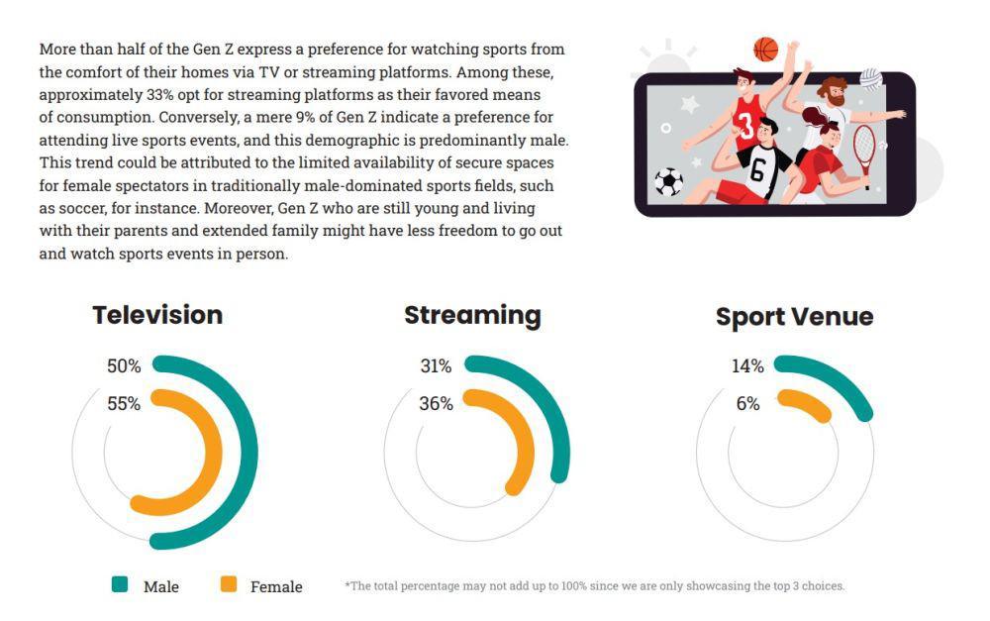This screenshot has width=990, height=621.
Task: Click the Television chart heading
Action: (x=157, y=315)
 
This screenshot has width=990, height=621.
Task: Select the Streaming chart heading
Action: (x=472, y=316)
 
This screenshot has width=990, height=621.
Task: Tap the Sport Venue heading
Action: (x=794, y=317)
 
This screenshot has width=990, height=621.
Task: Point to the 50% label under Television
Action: (x=124, y=365)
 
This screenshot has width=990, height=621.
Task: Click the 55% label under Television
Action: (x=124, y=403)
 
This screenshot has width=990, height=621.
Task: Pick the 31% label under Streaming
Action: (x=436, y=365)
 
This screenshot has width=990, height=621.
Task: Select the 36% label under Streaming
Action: (x=436, y=403)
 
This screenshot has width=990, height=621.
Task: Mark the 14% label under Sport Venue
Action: (x=747, y=365)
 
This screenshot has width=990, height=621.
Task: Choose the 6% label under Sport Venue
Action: (x=747, y=403)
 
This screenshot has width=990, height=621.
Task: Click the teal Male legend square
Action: (x=120, y=584)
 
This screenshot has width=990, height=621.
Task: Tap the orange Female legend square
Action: (x=229, y=584)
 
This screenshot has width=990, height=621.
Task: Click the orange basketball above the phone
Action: (x=766, y=50)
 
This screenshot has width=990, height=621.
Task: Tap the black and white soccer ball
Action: (x=668, y=182)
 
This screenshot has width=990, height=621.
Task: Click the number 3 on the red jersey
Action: (x=745, y=126)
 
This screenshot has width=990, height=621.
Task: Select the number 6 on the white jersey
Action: (x=757, y=169)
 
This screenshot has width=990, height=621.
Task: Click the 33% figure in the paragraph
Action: (x=159, y=95)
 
